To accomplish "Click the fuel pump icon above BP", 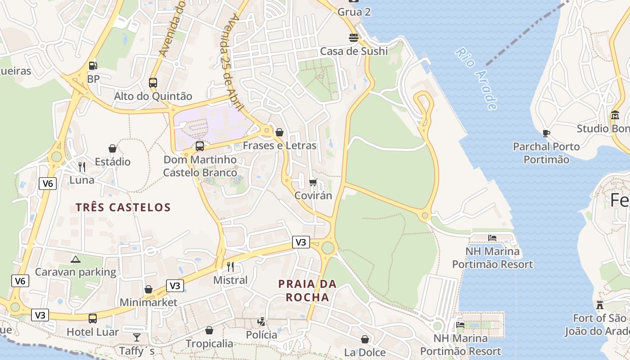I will [x=93, y=65].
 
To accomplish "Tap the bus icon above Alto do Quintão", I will [x=153, y=83].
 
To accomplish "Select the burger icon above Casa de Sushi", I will [x=354, y=37].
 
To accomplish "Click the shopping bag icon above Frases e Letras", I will [x=279, y=132].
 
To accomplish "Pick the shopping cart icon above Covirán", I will [x=313, y=182].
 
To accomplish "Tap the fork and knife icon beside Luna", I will [x=81, y=167].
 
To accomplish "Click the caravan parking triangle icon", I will [x=76, y=259].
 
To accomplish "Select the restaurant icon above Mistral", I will [x=230, y=266].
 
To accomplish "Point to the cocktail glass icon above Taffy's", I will [x=137, y=337].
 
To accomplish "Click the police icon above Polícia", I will [x=261, y=321].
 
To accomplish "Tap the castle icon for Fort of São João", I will [x=599, y=305].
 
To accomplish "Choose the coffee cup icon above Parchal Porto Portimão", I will [x=546, y=133].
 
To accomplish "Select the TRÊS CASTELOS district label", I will [x=123, y=207].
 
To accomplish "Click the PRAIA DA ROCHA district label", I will [x=307, y=291].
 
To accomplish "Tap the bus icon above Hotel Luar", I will [x=93, y=319].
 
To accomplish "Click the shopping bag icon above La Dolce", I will [x=365, y=339].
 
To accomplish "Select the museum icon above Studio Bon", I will [x=615, y=115].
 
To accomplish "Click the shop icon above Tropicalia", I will [x=209, y=330].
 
